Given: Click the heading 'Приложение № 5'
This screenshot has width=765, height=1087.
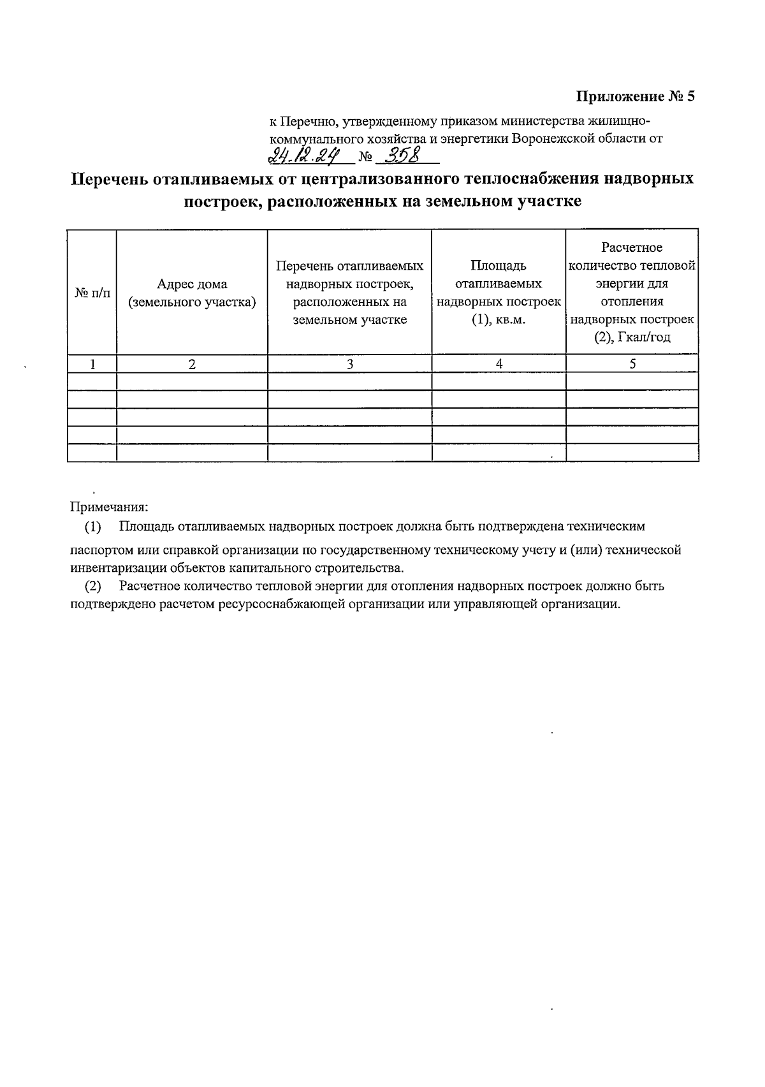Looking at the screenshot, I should (x=634, y=97).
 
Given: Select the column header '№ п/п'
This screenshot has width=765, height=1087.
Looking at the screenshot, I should (x=92, y=293).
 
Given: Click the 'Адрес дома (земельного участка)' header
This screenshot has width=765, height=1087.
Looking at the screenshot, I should (x=192, y=293).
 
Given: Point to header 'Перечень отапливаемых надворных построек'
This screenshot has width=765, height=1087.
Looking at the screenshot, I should (x=349, y=293).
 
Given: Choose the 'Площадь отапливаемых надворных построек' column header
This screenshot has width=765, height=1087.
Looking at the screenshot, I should (x=499, y=293).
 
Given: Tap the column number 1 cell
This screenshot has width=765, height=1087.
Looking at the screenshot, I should (x=92, y=364).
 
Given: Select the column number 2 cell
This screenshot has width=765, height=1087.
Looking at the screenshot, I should (x=192, y=364).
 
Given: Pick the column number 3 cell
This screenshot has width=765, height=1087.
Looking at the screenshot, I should (x=349, y=364).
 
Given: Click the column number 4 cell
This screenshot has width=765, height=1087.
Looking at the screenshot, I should (x=499, y=364).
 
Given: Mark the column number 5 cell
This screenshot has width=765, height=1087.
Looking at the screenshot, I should (x=632, y=364).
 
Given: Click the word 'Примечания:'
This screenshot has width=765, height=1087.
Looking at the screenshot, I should (x=109, y=507).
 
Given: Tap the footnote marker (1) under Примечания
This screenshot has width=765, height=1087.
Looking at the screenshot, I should (x=93, y=527).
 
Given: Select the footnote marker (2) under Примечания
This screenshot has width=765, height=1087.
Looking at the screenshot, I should (x=93, y=587).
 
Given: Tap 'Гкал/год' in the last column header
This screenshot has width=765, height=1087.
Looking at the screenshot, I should (x=645, y=337).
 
